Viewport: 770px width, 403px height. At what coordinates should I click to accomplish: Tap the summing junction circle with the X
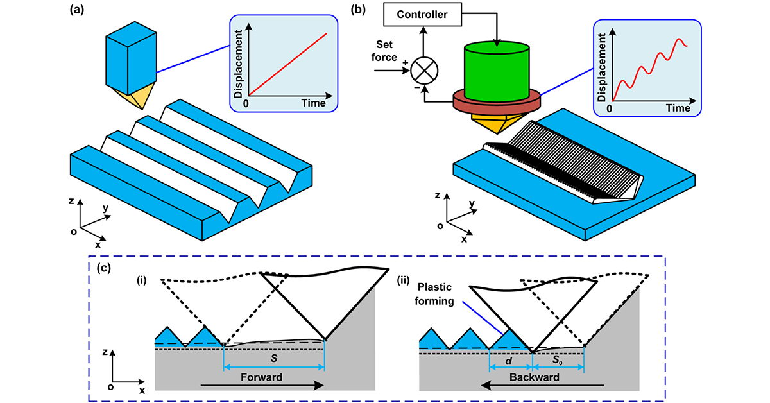point(424,67)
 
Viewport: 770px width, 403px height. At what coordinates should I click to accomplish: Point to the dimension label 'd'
point(511,362)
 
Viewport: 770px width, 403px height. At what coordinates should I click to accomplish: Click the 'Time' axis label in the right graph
point(677,108)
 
